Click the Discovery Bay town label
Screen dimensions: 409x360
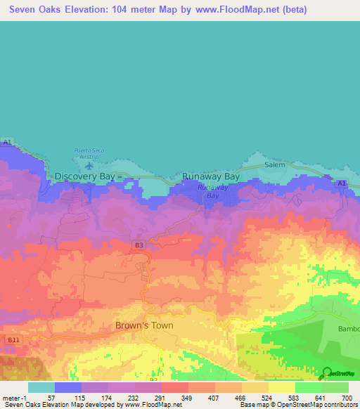pos(84,176)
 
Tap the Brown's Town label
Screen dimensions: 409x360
pos(144,325)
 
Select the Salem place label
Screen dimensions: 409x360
pos(275,164)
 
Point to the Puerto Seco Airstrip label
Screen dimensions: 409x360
pos(88,153)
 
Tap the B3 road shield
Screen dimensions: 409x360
pos(139,245)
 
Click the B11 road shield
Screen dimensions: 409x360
pos(13,339)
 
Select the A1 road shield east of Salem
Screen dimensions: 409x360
pos(341,183)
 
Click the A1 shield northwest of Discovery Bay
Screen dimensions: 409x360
pos(8,143)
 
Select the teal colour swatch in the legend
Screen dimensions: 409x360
pos(41,387)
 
